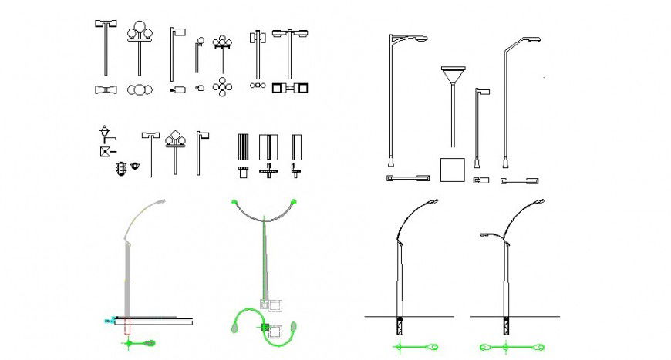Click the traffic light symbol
click(x=120, y=168)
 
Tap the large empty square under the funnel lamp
click(x=453, y=170)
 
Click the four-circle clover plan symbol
click(x=223, y=87)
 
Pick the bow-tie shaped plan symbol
click(x=104, y=90)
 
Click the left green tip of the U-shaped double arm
click(x=234, y=203)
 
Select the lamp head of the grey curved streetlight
click(x=160, y=201)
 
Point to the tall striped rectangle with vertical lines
click(x=244, y=147)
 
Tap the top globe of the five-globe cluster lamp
click(x=223, y=38)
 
